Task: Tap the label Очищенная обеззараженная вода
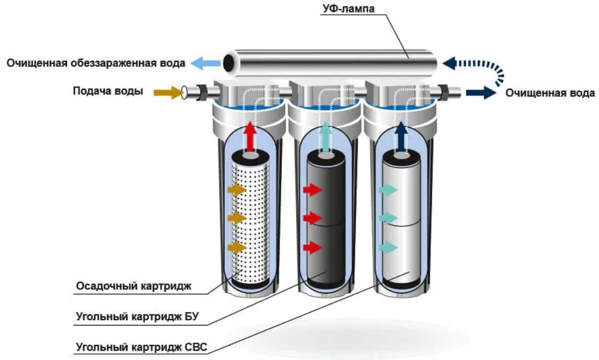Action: click(x=96, y=63)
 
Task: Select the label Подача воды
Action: click(x=108, y=91)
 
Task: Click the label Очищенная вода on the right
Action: click(x=549, y=93)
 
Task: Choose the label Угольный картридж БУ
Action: click(x=142, y=316)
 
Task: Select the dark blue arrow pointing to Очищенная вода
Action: click(x=480, y=93)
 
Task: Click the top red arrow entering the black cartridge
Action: click(x=312, y=190)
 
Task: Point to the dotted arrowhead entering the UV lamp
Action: click(x=450, y=64)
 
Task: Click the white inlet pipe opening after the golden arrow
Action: click(x=186, y=92)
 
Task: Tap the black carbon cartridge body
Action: click(x=325, y=218)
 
